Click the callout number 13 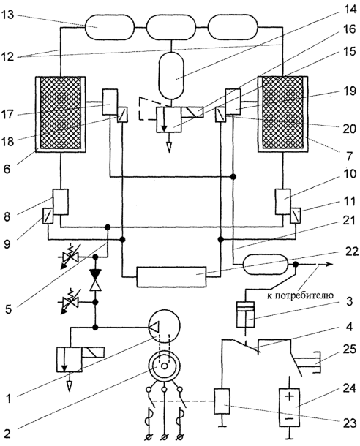[x=8, y=15]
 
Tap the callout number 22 [x=349, y=252]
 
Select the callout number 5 [x=8, y=309]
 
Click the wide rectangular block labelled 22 [x=171, y=277]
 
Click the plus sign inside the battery [x=289, y=396]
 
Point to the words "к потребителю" [x=300, y=295]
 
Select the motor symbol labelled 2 [x=164, y=366]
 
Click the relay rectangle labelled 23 [x=222, y=401]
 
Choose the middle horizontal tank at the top [x=171, y=28]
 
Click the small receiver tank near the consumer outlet [x=265, y=265]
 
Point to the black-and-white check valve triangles [x=96, y=280]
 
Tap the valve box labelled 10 [x=283, y=202]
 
